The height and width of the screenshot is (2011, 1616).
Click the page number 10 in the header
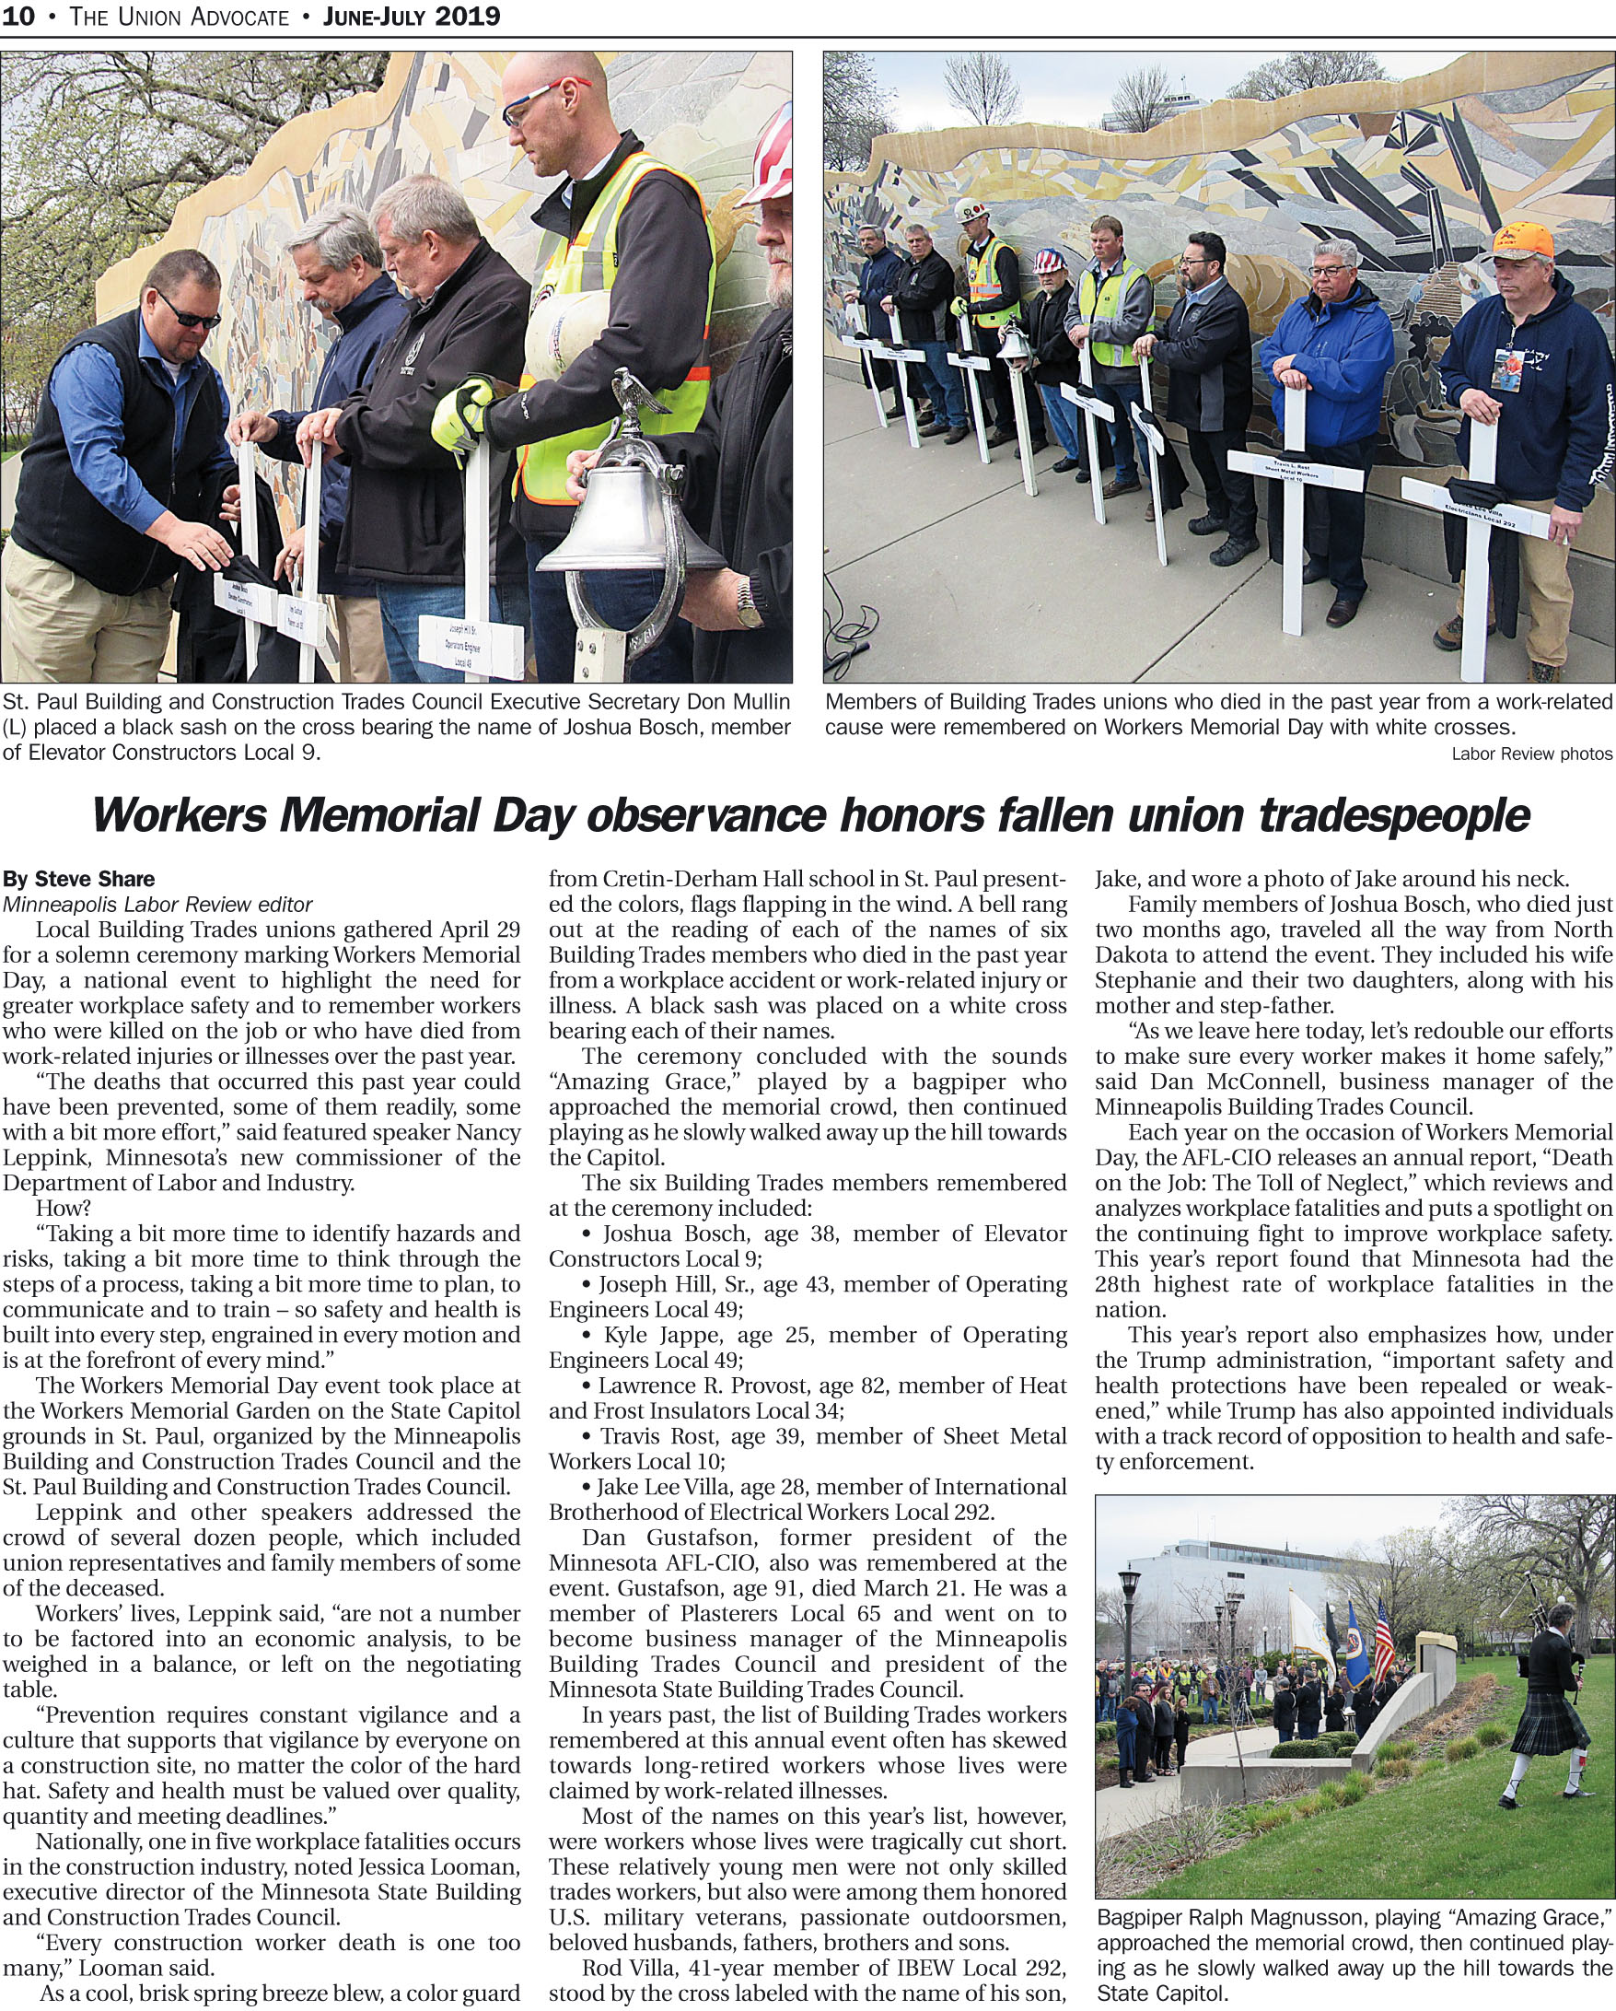pyautogui.click(x=17, y=16)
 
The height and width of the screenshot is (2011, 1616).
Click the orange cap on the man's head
pyautogui.click(x=1522, y=241)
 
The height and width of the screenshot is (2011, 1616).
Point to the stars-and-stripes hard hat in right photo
pyautogui.click(x=1049, y=258)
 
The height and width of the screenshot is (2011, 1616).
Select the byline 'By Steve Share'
pyautogui.click(x=79, y=879)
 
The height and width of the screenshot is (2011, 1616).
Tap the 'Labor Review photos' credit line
pyautogui.click(x=1531, y=754)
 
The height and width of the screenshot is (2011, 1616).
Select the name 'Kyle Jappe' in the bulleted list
pyautogui.click(x=653, y=1335)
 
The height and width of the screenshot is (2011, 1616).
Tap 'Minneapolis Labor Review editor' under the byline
pyautogui.click(x=157, y=904)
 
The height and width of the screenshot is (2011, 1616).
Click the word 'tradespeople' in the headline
pyautogui.click(x=1393, y=815)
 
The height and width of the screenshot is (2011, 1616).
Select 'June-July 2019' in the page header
pyautogui.click(x=412, y=16)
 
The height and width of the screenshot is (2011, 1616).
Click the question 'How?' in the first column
pyautogui.click(x=64, y=1208)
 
